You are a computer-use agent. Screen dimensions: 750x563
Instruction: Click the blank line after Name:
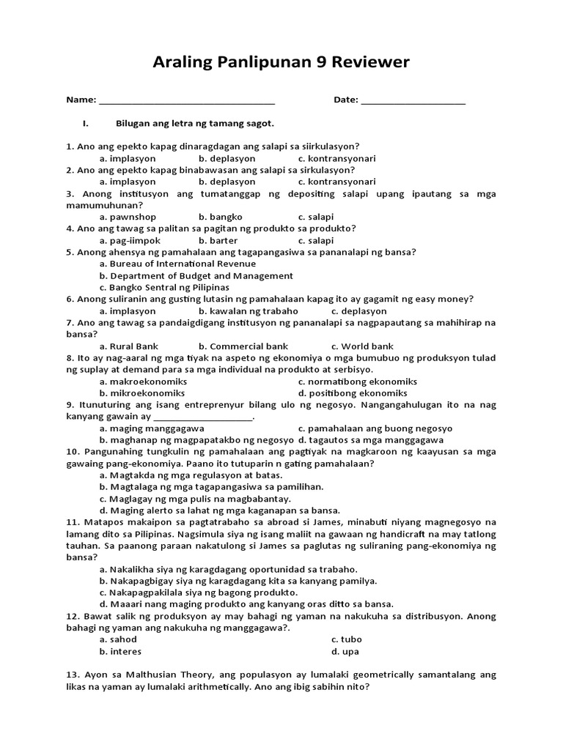186,100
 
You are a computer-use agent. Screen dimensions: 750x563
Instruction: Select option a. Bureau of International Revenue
177,264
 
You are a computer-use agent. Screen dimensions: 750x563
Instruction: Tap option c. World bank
362,346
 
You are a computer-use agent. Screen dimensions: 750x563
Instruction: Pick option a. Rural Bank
129,346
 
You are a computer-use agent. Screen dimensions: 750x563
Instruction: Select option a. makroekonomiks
143,382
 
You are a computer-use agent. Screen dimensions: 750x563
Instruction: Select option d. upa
345,651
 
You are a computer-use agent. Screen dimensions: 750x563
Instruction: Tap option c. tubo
347,639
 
